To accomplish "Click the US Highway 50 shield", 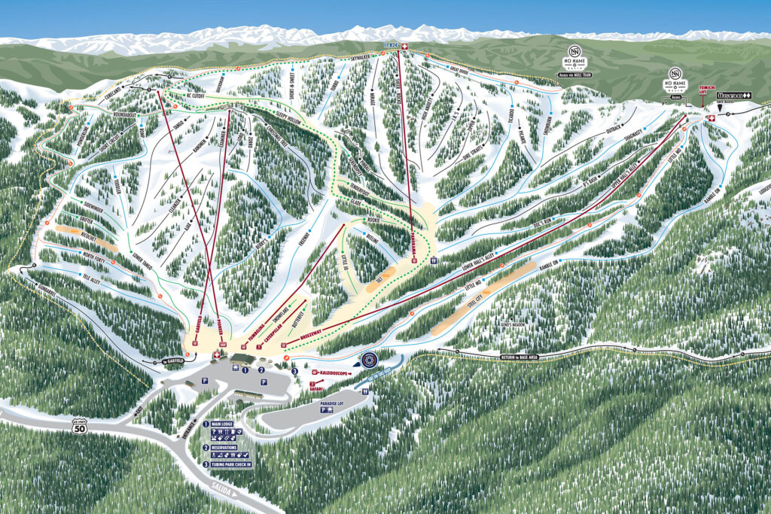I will pos(78,427).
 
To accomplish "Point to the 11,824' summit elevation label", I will pos(390,45).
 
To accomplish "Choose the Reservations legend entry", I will pos(230,447).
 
